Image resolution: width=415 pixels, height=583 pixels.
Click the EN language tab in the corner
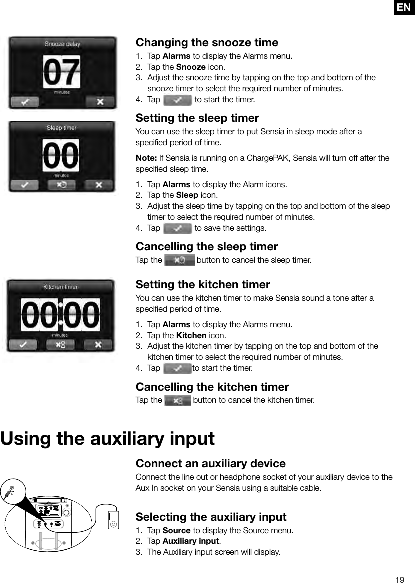404,7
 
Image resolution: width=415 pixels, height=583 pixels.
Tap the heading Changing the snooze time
207,42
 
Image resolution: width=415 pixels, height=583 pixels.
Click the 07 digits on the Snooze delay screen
62,72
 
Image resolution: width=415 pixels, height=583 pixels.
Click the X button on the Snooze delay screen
100,102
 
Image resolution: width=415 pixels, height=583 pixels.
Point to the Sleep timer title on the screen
62,128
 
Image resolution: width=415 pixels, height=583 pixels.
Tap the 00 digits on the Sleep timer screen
62,155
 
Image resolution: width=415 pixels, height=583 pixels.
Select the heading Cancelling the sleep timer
207,246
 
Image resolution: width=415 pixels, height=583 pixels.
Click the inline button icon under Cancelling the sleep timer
179,260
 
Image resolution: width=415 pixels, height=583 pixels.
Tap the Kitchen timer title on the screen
61,287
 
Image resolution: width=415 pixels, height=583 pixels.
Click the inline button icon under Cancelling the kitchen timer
177,400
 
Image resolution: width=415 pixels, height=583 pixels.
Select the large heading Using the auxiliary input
108,439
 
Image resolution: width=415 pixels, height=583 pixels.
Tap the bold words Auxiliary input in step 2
191,541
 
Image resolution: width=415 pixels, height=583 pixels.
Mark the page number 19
399,580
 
